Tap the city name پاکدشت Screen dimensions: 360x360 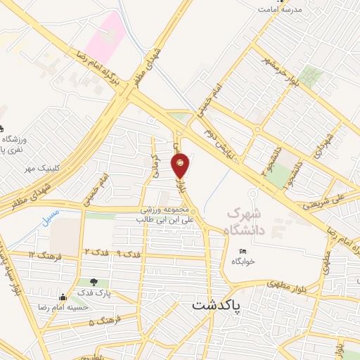click(216, 306)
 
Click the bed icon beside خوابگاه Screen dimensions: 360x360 click(243, 252)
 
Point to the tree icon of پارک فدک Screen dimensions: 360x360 click(94, 283)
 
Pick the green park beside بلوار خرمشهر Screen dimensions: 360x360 click(309, 76)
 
